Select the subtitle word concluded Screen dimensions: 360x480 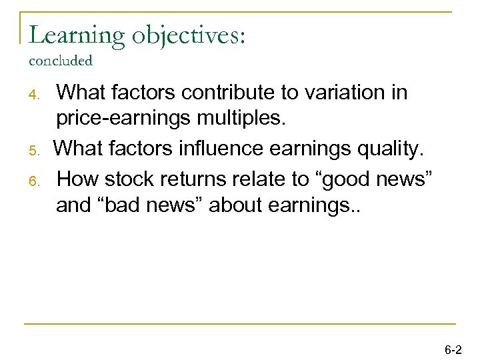61,61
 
